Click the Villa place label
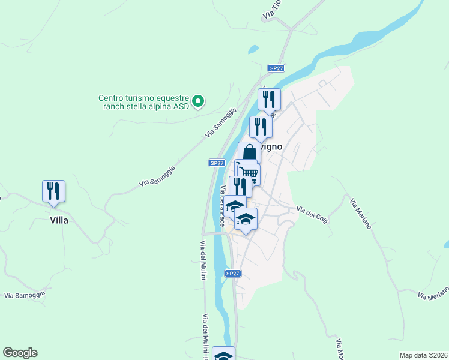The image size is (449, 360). (59, 220)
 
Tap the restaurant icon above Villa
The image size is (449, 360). (53, 191)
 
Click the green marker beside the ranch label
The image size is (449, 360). (200, 101)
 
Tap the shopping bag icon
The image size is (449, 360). (249, 153)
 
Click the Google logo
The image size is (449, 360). (20, 353)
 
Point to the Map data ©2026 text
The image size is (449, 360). (423, 355)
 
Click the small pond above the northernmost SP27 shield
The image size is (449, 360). (253, 49)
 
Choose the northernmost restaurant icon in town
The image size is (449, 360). (269, 99)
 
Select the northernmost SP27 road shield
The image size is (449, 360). (276, 68)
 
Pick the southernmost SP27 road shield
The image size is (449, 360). (233, 274)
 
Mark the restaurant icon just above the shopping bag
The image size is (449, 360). (261, 127)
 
